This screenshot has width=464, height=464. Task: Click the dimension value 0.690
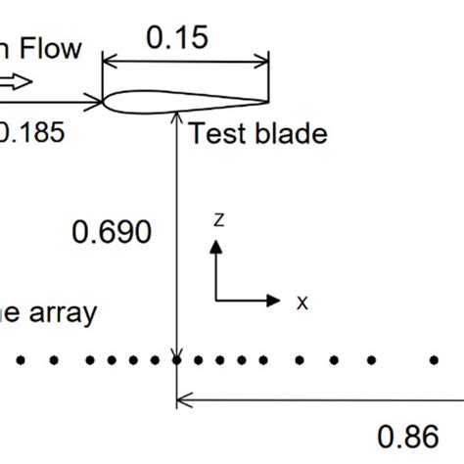coord(113,232)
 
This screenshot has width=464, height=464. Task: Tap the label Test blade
coord(256,133)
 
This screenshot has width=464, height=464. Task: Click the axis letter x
coord(302,302)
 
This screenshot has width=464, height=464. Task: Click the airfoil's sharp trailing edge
coord(267,101)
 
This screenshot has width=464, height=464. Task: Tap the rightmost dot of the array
coord(434,360)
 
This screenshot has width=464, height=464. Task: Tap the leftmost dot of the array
coord(22,360)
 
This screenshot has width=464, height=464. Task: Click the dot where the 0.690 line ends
coord(177,360)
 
